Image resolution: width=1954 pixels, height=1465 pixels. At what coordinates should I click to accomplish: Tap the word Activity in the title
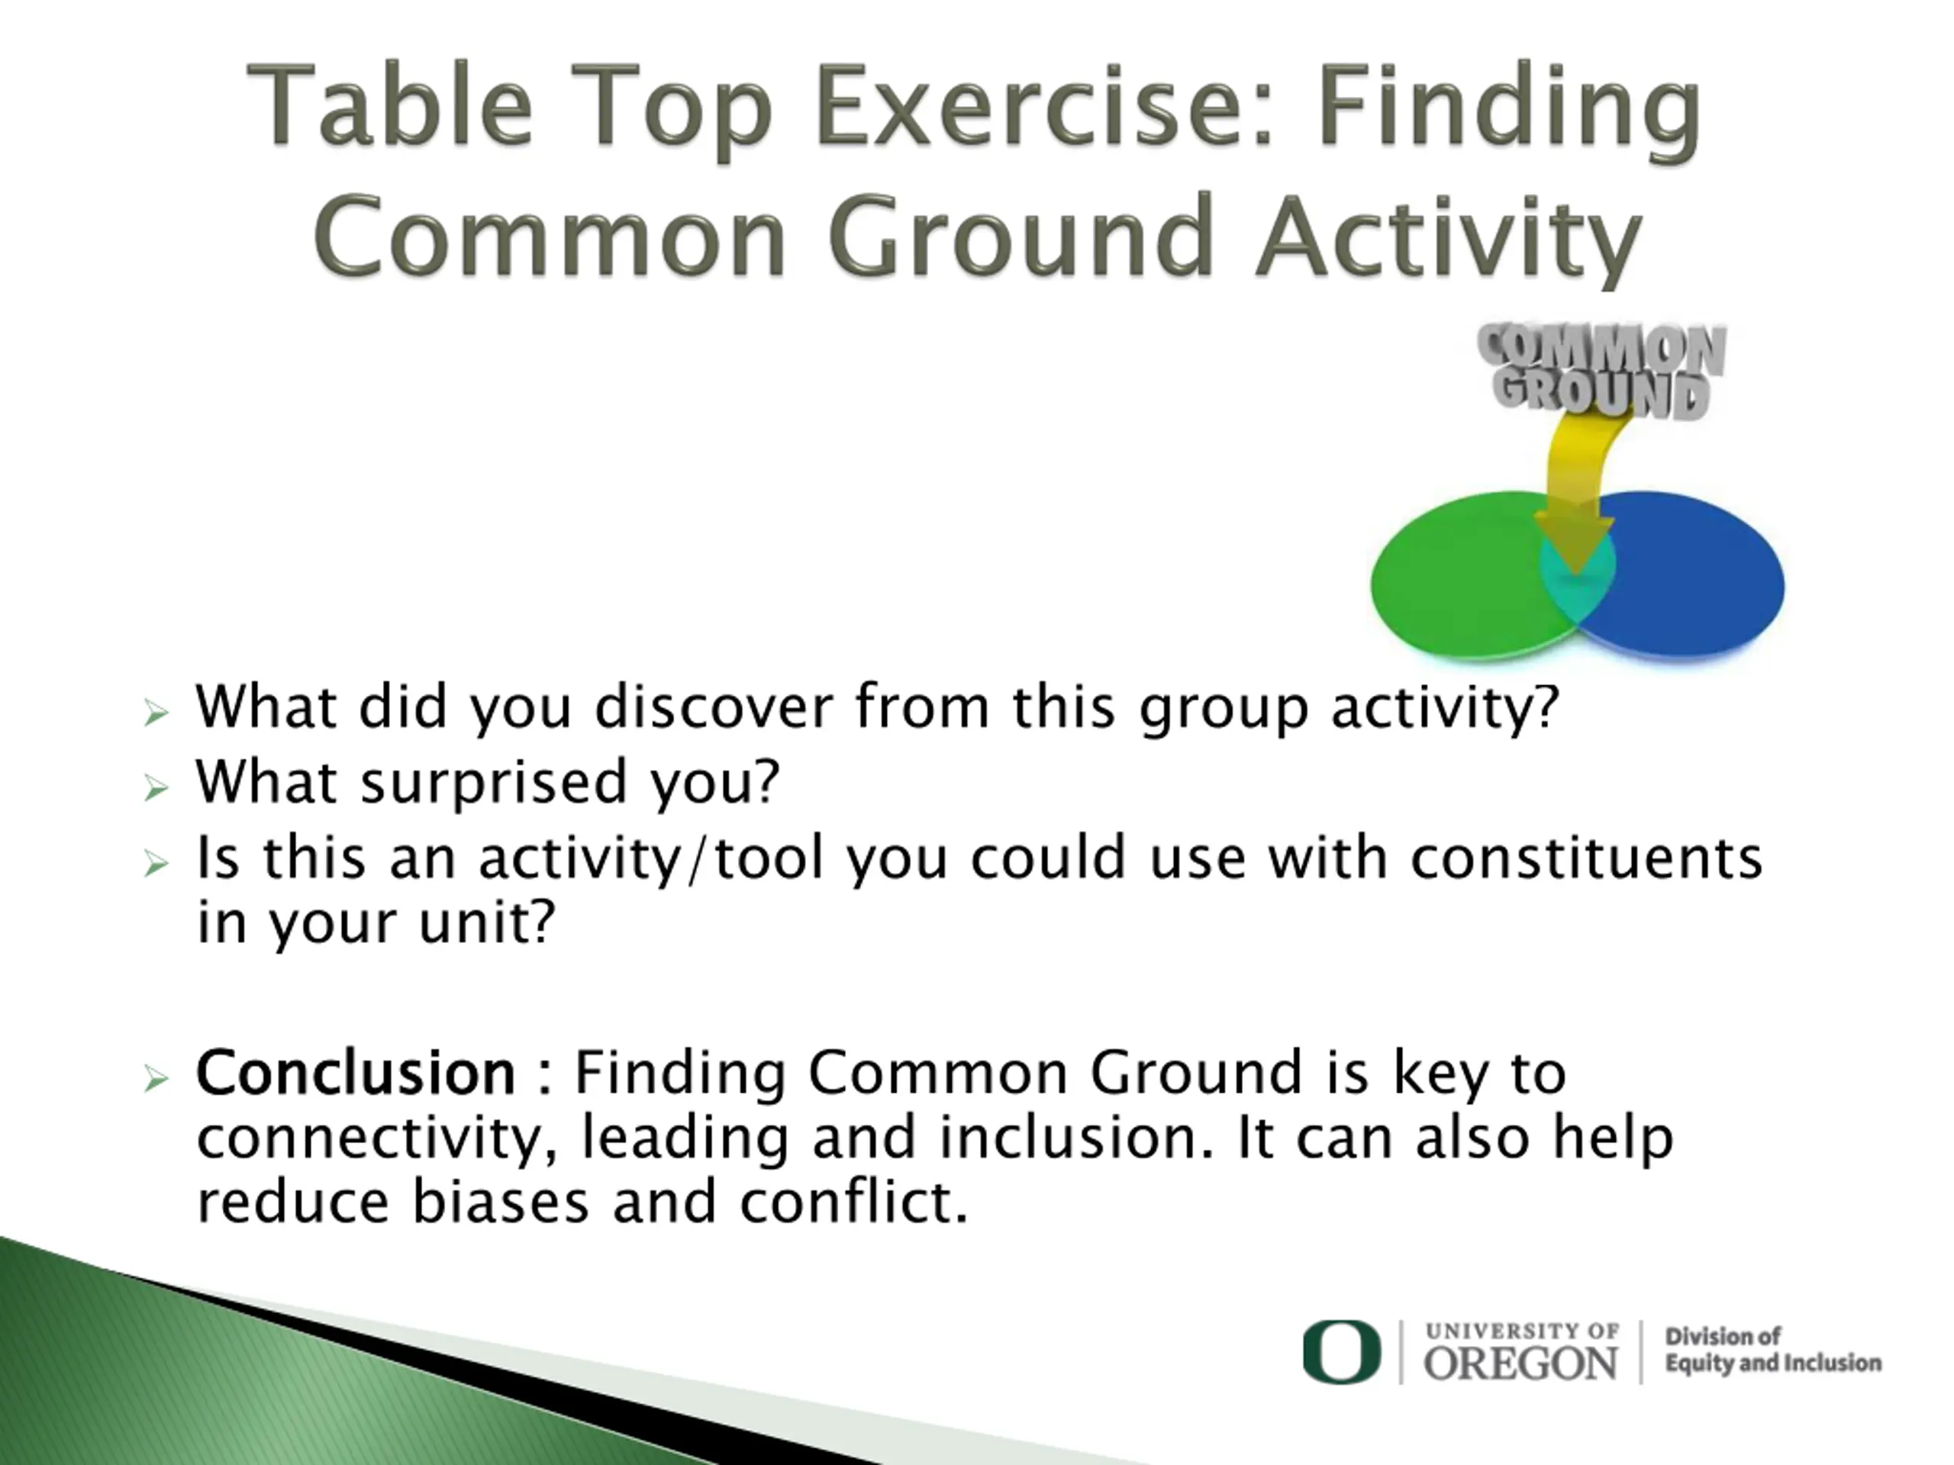(1449, 237)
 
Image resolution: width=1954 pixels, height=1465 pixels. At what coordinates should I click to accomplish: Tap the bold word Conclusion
(355, 1073)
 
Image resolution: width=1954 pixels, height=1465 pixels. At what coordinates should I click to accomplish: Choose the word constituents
(1587, 858)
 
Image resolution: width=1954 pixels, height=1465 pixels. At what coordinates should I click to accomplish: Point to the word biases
(500, 1202)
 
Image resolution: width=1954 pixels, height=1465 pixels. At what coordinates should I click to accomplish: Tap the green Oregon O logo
(1341, 1352)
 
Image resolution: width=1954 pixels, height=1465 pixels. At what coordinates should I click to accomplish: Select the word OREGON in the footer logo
(1520, 1364)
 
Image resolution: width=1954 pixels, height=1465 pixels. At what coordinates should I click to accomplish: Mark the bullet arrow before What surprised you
(156, 787)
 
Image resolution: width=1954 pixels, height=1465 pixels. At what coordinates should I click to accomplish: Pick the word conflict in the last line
(853, 1202)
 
